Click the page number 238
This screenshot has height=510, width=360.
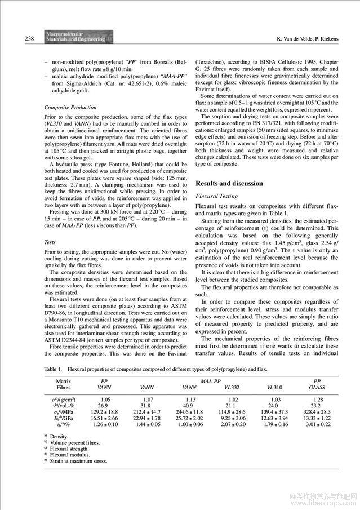coord(15,39)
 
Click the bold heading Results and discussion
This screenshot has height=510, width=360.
coord(229,183)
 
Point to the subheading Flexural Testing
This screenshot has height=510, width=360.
coord(216,196)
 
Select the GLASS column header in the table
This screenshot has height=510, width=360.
coord(317,388)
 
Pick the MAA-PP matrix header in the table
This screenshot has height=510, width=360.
coord(210,381)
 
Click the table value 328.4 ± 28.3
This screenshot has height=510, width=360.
coord(317,414)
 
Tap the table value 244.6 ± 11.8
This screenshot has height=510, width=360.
coord(189,414)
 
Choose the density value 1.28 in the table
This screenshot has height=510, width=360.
coord(317,400)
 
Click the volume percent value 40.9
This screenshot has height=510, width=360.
coord(189,406)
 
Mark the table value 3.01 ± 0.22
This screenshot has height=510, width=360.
coord(317,427)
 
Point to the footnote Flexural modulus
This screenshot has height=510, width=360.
coord(70,454)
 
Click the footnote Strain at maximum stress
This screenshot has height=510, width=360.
coord(78,460)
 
